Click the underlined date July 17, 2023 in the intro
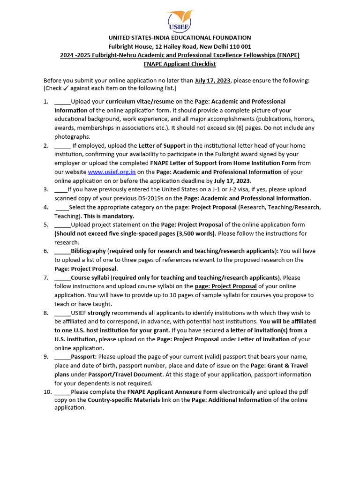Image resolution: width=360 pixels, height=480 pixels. pyautogui.click(x=212, y=81)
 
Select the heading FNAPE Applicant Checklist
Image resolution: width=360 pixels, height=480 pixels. pyautogui.click(x=180, y=64)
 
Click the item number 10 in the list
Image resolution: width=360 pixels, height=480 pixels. pyautogui.click(x=47, y=392)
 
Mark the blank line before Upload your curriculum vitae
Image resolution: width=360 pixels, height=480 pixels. pyautogui.click(x=62, y=102)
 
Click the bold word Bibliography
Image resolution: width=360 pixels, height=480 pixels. pyautogui.click(x=88, y=251)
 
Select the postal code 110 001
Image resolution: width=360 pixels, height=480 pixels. pyautogui.click(x=238, y=46)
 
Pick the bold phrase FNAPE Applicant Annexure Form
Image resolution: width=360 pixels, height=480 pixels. pyautogui.click(x=172, y=392)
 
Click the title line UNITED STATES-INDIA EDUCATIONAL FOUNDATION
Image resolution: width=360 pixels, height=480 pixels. pyautogui.click(x=180, y=37)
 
